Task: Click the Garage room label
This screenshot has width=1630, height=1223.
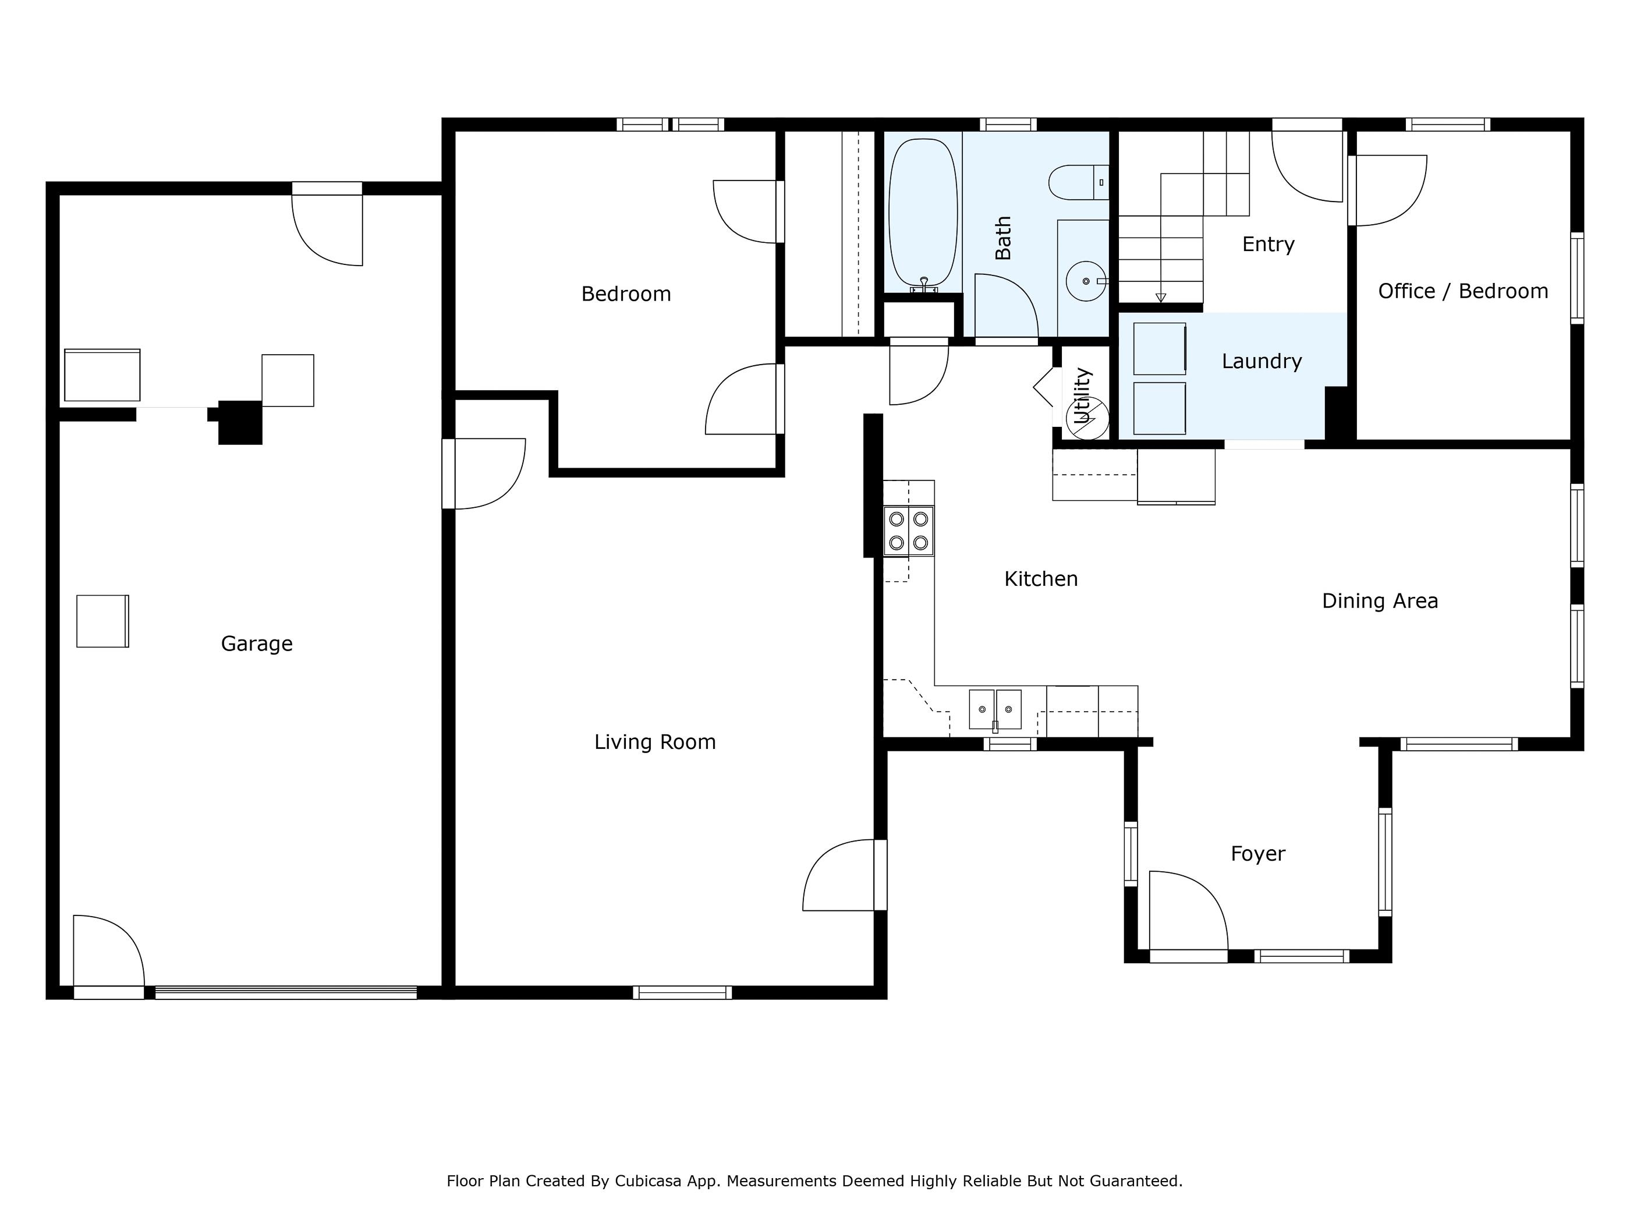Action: (257, 644)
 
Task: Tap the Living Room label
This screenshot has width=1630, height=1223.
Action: (655, 741)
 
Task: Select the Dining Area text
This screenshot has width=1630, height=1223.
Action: (1380, 601)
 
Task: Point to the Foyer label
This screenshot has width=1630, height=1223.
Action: (1258, 854)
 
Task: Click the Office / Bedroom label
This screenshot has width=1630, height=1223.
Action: (1463, 291)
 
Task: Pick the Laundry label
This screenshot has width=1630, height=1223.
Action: (1262, 361)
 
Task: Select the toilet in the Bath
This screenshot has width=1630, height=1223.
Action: (1079, 183)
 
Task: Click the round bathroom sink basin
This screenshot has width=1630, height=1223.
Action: (1086, 281)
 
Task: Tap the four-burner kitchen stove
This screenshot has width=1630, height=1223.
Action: (909, 531)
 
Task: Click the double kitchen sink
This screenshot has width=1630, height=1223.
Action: (995, 709)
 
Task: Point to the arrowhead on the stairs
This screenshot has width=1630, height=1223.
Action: (1161, 298)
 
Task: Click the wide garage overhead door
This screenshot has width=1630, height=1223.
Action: (286, 992)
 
